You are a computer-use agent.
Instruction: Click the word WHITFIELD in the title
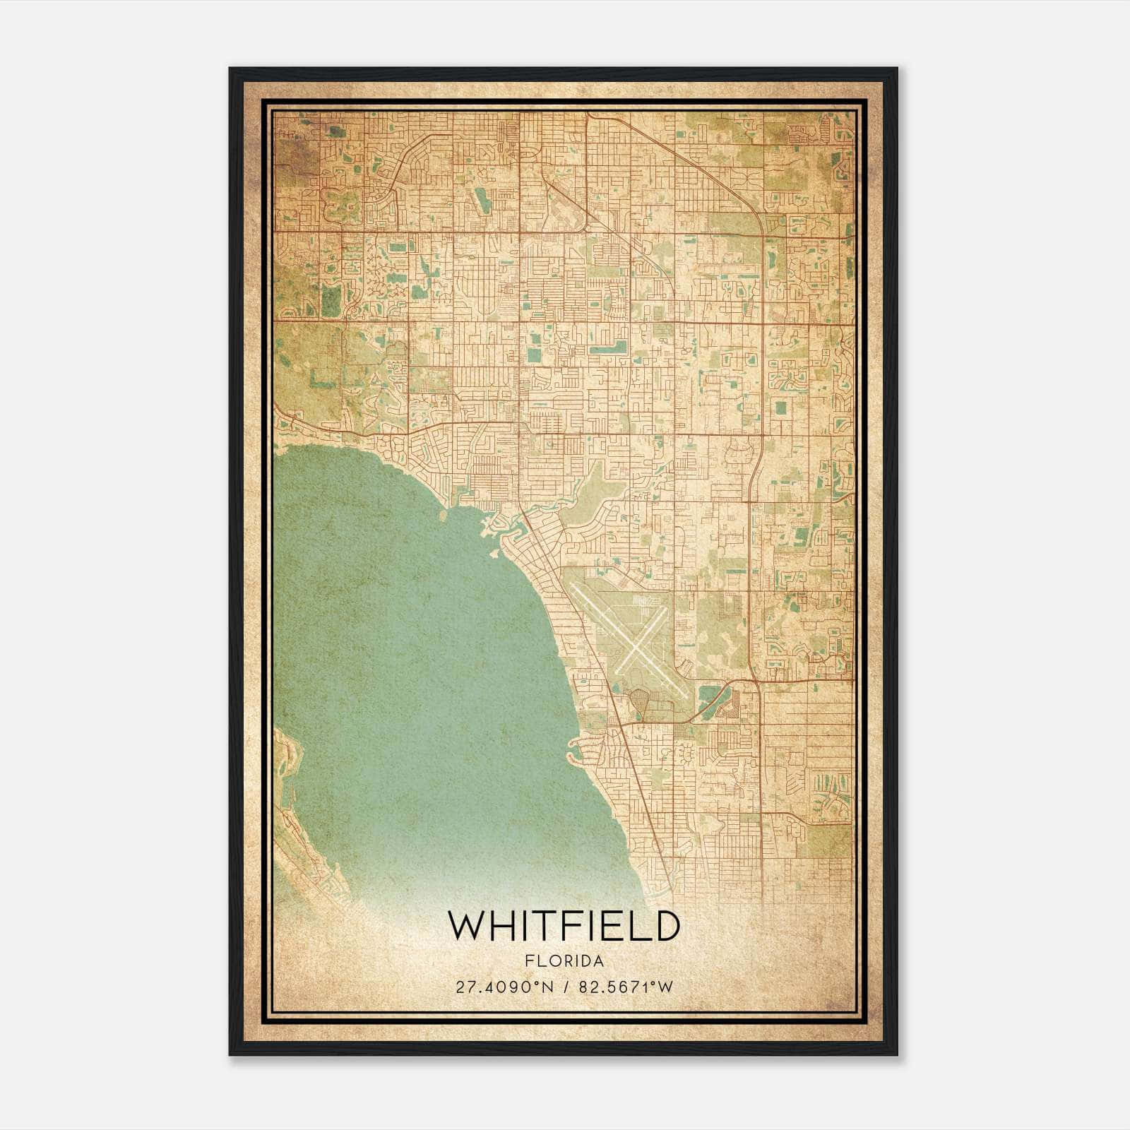coord(564,926)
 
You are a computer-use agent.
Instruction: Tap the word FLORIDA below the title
coord(564,961)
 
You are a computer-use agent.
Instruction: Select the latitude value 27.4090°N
coord(504,987)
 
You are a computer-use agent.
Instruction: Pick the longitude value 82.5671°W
coord(626,987)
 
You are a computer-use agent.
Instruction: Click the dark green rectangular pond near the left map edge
coord(330,300)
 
